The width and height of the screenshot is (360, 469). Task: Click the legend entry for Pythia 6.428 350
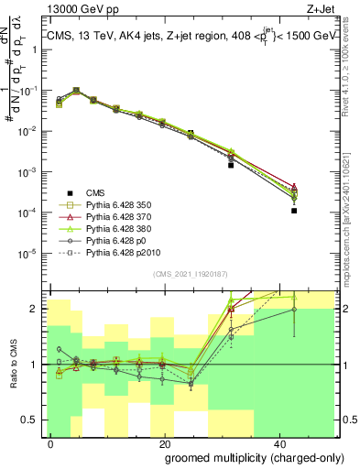(x=115, y=204)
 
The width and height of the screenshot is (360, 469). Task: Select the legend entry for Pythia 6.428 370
(x=115, y=216)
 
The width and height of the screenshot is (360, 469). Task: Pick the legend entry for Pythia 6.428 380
(x=115, y=228)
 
